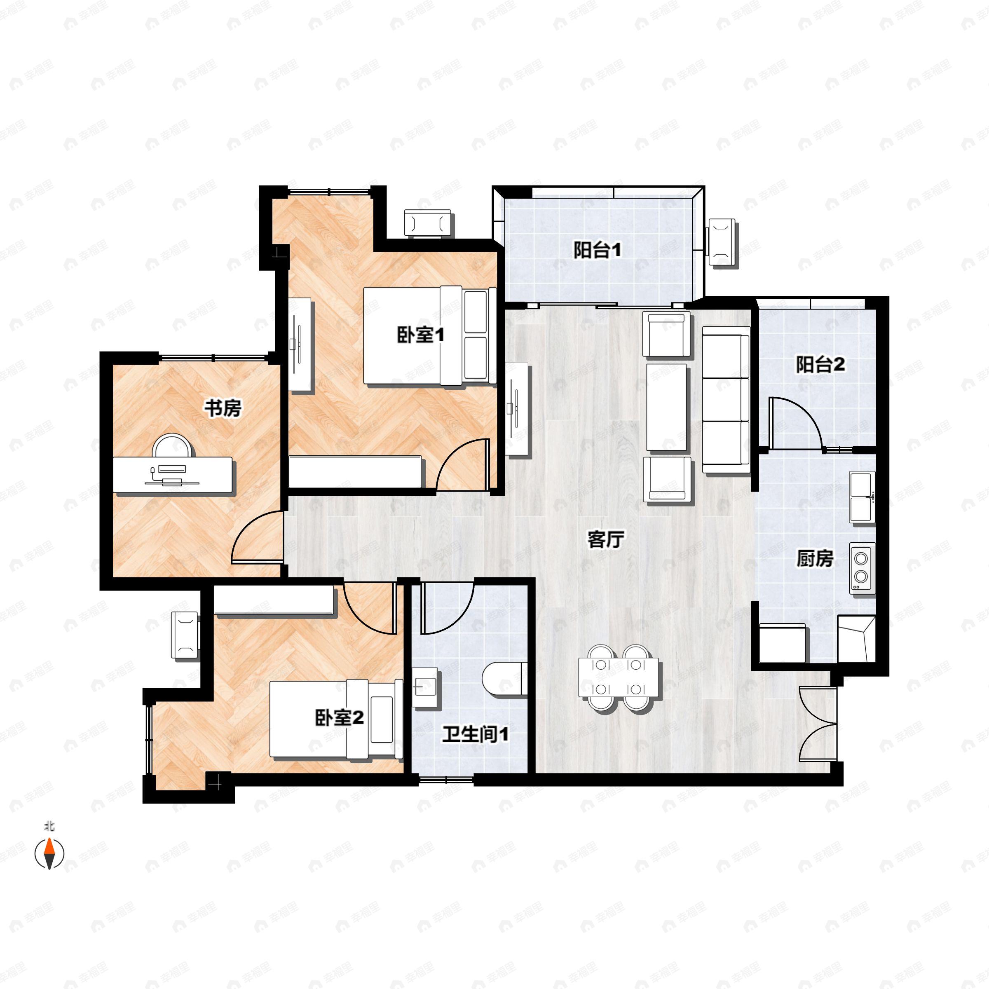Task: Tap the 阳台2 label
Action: click(x=820, y=365)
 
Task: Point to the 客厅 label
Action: click(x=606, y=539)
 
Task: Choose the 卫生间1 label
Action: click(x=475, y=735)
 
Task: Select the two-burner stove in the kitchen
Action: click(x=862, y=568)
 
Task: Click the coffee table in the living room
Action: click(x=666, y=408)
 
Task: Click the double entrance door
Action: click(x=818, y=725)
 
